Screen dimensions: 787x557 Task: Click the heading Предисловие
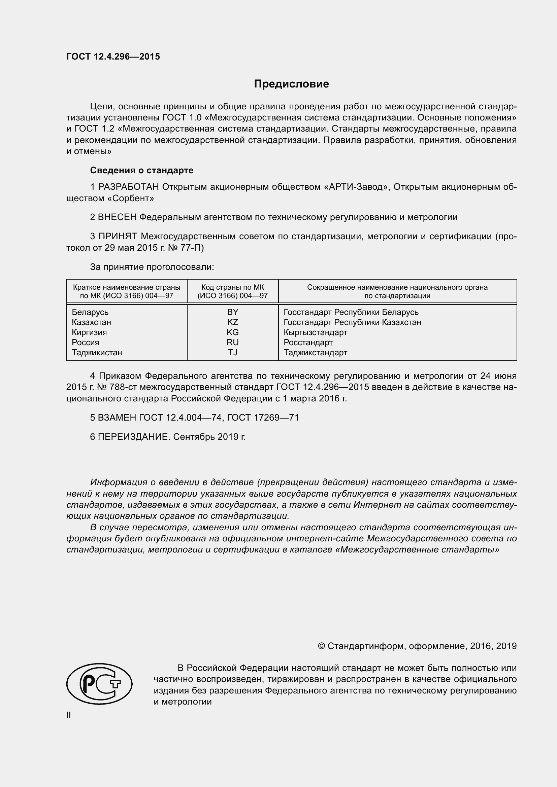click(291, 84)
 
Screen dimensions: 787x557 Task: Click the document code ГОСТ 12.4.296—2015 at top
click(113, 57)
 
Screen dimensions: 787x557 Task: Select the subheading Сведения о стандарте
click(142, 170)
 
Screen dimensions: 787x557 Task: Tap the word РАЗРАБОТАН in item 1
click(129, 187)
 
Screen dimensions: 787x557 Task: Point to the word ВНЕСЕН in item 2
click(117, 217)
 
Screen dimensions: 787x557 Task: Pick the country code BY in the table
click(233, 312)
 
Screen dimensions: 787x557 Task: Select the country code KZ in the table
click(233, 322)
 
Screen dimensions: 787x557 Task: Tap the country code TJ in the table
click(233, 352)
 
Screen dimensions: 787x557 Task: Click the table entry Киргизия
click(89, 332)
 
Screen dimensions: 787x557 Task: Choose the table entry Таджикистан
click(97, 352)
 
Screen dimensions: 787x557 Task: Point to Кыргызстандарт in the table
click(315, 332)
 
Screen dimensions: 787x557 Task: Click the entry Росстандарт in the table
click(308, 343)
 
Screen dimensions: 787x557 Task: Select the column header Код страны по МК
click(233, 287)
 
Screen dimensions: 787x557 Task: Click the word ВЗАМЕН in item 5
click(117, 418)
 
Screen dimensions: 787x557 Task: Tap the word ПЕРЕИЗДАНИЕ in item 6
click(133, 437)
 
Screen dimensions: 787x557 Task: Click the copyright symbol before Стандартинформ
click(321, 646)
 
